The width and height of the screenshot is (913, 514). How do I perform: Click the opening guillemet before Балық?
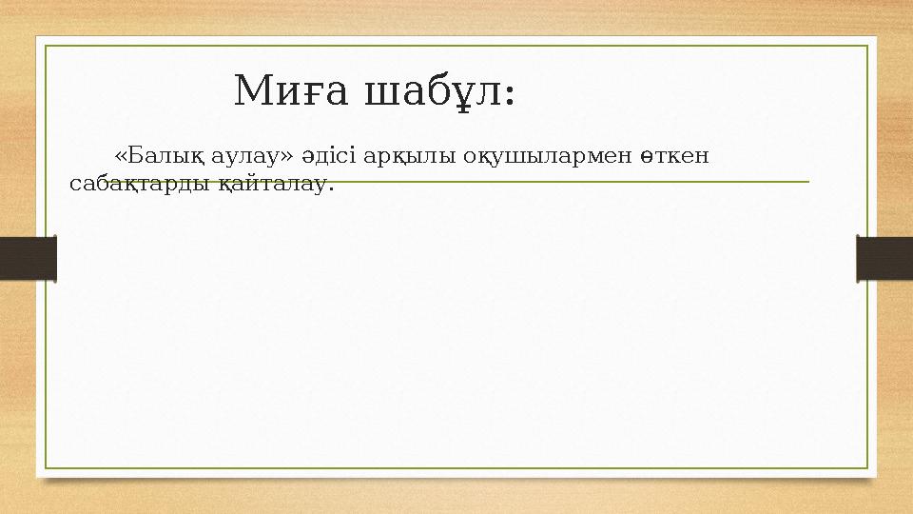tap(121, 155)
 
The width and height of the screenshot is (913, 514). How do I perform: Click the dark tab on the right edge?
tap(884, 258)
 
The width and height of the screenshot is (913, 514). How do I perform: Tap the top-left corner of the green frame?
tap(47, 45)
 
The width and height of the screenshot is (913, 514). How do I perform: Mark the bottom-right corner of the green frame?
tap(868, 468)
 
